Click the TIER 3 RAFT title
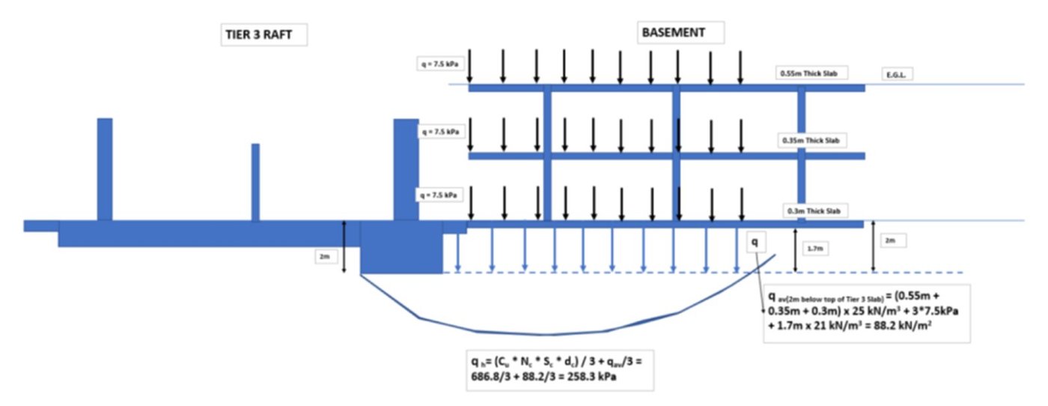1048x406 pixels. [257, 35]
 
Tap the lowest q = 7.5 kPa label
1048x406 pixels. [439, 195]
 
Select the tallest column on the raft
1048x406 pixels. [105, 169]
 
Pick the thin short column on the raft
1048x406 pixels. [255, 182]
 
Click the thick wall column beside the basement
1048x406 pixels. [406, 169]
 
